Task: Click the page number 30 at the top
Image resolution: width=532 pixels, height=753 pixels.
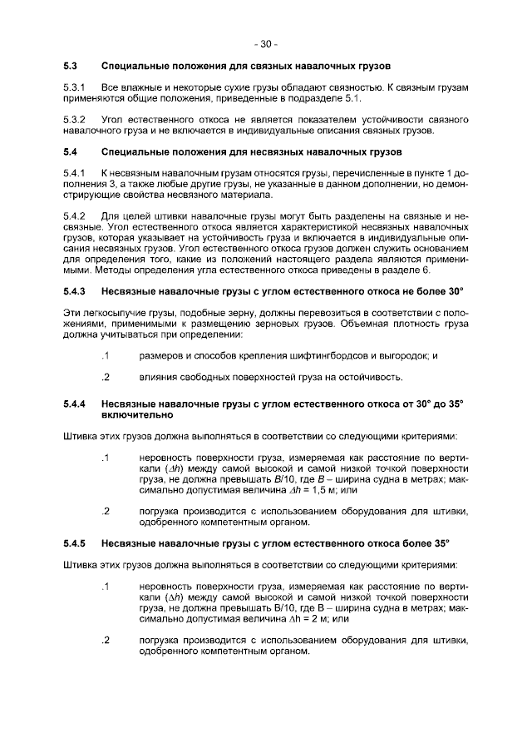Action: pyautogui.click(x=266, y=43)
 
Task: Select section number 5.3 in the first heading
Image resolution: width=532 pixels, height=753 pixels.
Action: pyautogui.click(x=71, y=65)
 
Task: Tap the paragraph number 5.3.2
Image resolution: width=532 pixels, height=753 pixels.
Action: pyautogui.click(x=75, y=121)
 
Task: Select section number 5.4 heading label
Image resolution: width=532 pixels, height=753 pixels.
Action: pyautogui.click(x=71, y=153)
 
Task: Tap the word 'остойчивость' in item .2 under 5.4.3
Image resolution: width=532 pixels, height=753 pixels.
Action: pyautogui.click(x=369, y=377)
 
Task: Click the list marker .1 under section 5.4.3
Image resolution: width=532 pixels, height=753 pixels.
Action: pyautogui.click(x=104, y=355)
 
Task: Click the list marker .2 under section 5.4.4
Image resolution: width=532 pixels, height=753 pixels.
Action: pyautogui.click(x=104, y=511)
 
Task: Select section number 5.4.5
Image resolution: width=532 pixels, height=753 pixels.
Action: pyautogui.click(x=75, y=543)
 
